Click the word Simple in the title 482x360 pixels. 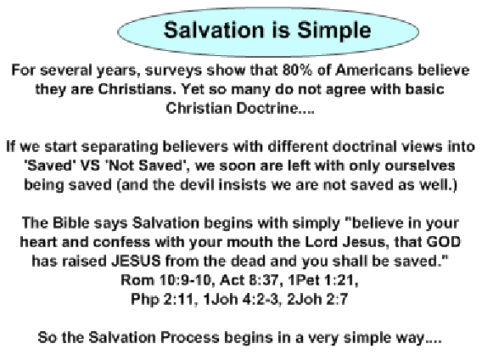(334, 31)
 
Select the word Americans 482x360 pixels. (373, 70)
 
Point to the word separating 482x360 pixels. (120, 147)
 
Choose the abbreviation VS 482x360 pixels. (90, 166)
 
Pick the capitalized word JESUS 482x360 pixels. (136, 261)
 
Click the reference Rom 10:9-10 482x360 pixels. (166, 280)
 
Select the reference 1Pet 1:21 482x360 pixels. (323, 280)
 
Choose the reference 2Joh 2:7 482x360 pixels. (317, 299)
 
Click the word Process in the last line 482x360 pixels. (190, 337)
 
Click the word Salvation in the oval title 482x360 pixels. (214, 31)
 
